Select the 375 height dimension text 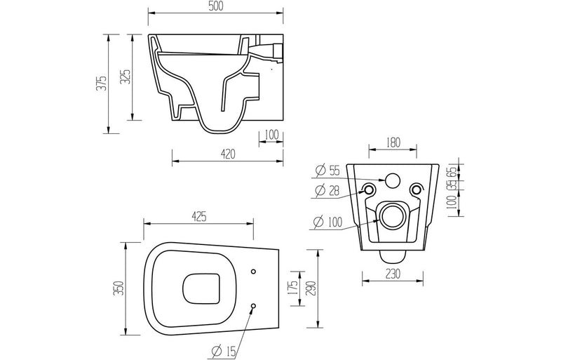(102, 84)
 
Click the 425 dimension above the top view (198, 217)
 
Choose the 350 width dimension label (119, 288)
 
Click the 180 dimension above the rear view (393, 142)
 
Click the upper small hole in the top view (253, 271)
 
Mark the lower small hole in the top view (253, 305)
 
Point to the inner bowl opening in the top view (198, 288)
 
